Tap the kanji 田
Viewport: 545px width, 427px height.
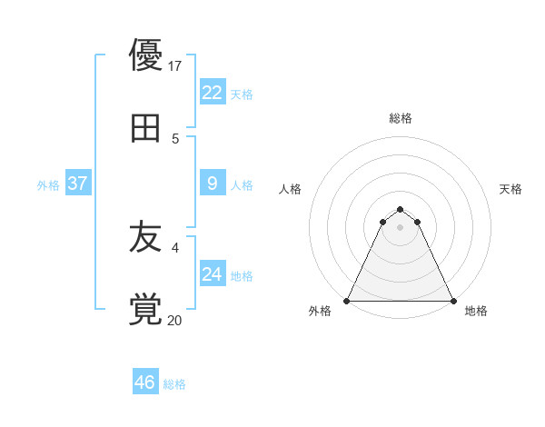pyautogui.click(x=146, y=127)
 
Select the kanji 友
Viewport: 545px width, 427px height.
pyautogui.click(x=146, y=238)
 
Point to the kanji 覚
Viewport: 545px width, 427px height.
pyautogui.click(x=146, y=309)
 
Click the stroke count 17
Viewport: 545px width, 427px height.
pyautogui.click(x=176, y=66)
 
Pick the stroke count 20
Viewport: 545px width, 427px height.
pyautogui.click(x=175, y=320)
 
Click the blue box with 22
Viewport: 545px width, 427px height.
pyautogui.click(x=212, y=92)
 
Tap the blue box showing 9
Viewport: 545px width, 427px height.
pyautogui.click(x=212, y=184)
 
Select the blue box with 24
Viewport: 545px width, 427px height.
pyautogui.click(x=212, y=274)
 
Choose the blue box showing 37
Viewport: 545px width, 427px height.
pyautogui.click(x=77, y=184)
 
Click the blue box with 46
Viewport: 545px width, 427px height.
pyautogui.click(x=144, y=382)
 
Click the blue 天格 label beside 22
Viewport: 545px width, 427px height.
pyautogui.click(x=242, y=94)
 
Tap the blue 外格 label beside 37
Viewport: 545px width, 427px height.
pyautogui.click(x=48, y=185)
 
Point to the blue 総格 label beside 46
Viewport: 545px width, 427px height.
pyautogui.click(x=174, y=384)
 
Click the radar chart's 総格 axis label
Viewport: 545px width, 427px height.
pyautogui.click(x=401, y=118)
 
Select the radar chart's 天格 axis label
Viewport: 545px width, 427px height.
pyautogui.click(x=511, y=189)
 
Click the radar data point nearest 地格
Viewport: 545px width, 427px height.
pyautogui.click(x=453, y=301)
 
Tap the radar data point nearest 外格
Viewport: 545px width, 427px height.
pyautogui.click(x=347, y=301)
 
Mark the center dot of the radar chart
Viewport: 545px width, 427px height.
pyautogui.click(x=401, y=227)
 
